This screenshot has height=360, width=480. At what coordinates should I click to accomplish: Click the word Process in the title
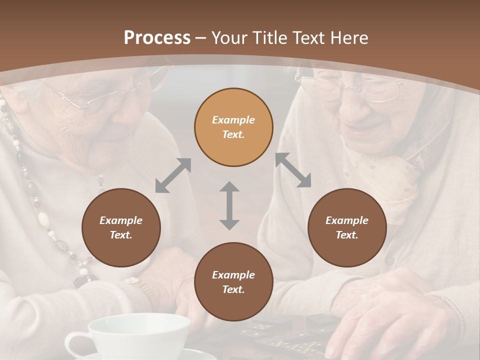[157, 37]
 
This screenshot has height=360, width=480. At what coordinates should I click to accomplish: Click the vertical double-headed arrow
[229, 205]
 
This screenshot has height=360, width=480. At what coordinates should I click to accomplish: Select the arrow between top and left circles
[173, 175]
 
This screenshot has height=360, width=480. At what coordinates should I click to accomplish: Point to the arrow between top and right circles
[293, 170]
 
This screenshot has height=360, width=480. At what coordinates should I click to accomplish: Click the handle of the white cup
[75, 345]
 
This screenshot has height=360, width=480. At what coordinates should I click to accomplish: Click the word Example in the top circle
[233, 120]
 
